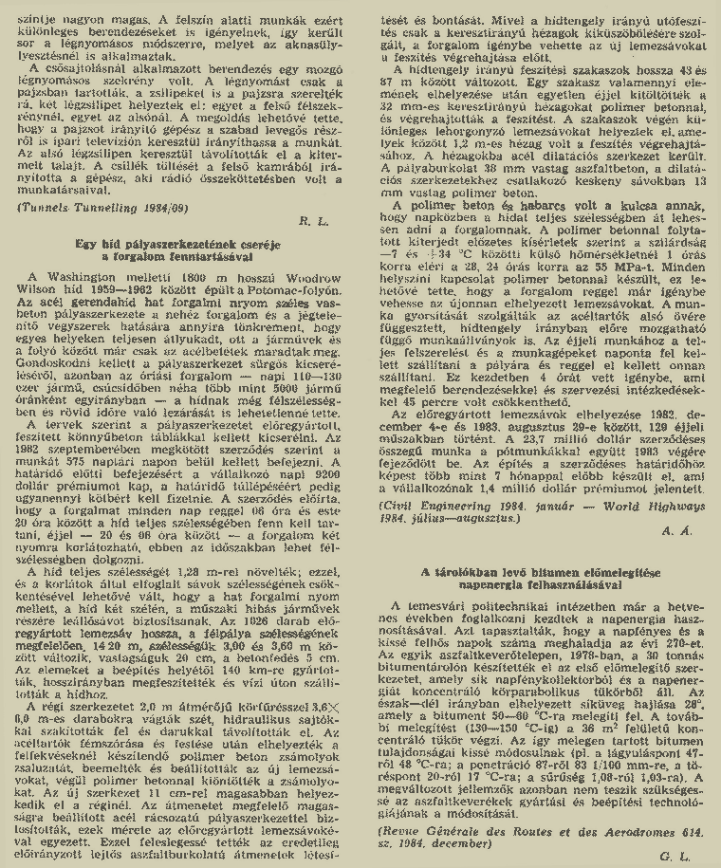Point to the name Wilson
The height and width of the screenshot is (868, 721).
click(x=46, y=288)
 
